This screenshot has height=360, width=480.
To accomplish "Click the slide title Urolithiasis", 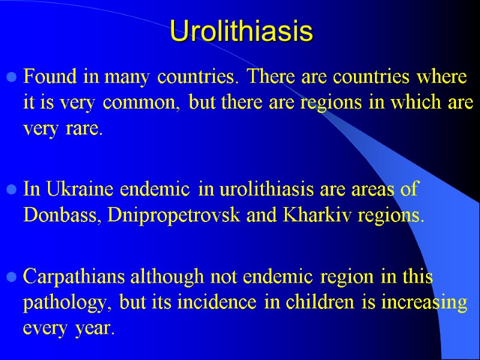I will pyautogui.click(x=241, y=31).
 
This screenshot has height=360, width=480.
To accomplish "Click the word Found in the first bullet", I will pyautogui.click(x=43, y=77).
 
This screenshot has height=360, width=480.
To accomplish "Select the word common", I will pyautogui.click(x=143, y=104).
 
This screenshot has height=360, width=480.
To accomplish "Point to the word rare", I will pyautogui.click(x=87, y=129).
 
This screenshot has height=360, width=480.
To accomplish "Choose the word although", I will pyautogui.click(x=158, y=277).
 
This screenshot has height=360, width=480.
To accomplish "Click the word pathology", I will pyautogui.click(x=67, y=304).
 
